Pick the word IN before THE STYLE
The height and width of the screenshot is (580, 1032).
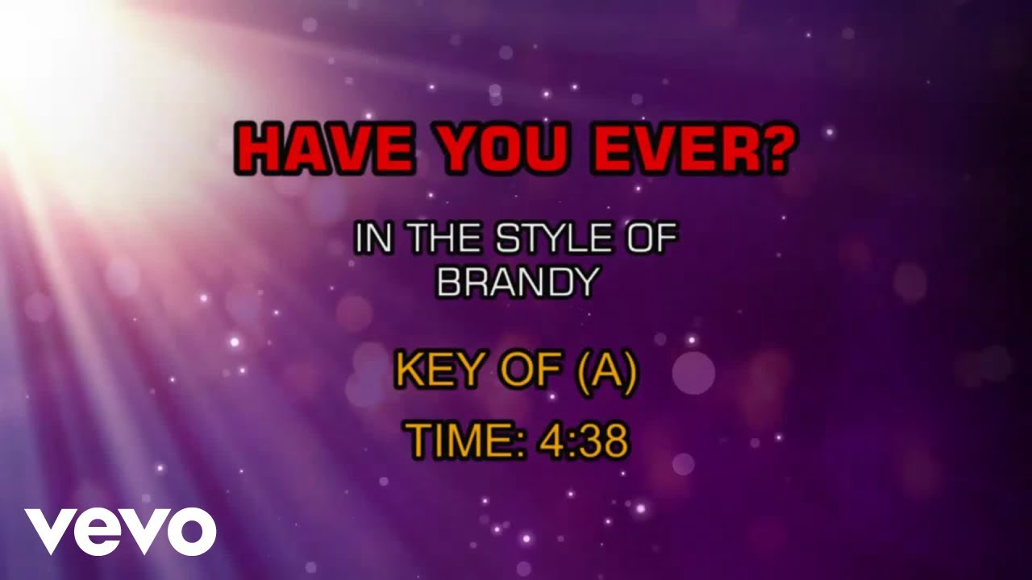pyautogui.click(x=371, y=241)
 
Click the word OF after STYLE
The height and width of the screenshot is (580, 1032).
pyautogui.click(x=647, y=241)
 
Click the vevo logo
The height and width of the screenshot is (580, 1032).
pyautogui.click(x=120, y=532)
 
